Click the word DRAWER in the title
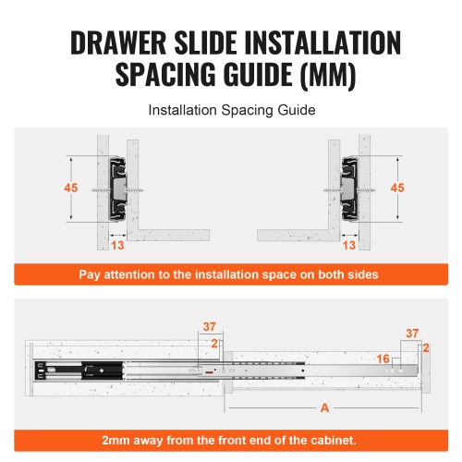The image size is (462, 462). coord(110,43)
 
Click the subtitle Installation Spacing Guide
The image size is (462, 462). coord(230,110)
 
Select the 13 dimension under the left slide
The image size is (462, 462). coord(116,245)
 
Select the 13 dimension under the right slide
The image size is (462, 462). coord(348,245)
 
